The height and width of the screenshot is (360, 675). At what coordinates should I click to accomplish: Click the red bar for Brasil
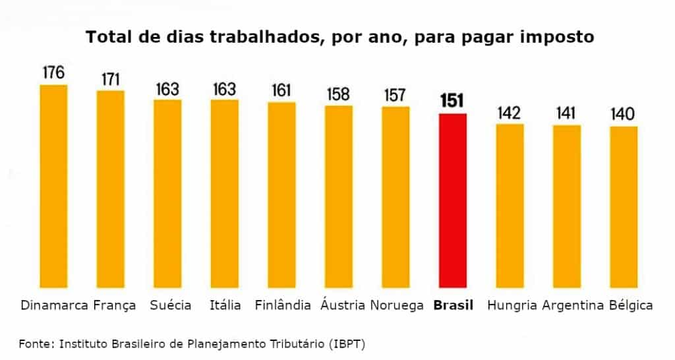tap(453, 200)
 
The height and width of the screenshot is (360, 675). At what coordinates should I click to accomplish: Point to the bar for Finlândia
tap(281, 195)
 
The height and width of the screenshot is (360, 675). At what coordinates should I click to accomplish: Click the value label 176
tap(54, 73)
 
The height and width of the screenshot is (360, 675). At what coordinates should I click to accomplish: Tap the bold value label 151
tap(453, 101)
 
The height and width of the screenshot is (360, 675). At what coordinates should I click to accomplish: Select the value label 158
tap(339, 94)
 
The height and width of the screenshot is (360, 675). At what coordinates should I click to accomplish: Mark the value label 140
tap(623, 114)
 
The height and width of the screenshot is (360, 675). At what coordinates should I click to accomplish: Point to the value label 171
tap(111, 79)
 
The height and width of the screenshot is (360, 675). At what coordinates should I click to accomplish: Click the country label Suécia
tap(171, 305)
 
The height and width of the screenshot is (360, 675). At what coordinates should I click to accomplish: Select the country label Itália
tap(225, 305)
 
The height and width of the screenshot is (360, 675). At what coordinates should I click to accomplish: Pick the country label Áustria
tap(343, 305)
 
